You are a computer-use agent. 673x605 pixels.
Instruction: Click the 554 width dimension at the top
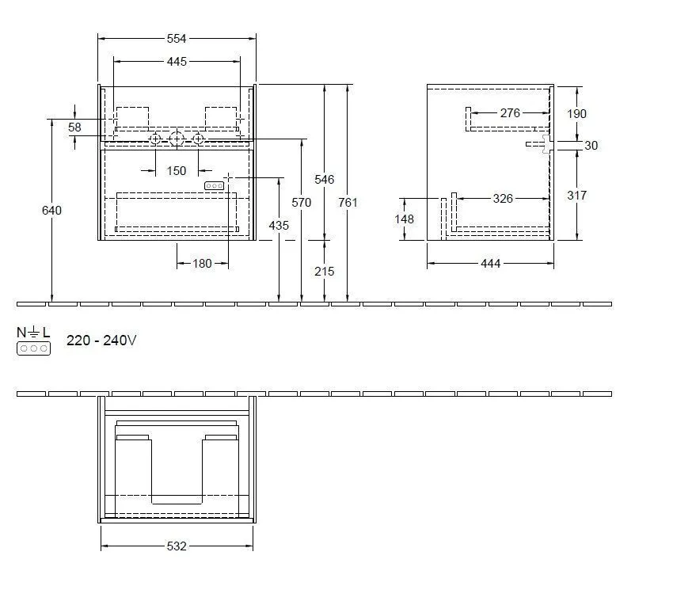pyautogui.click(x=177, y=38)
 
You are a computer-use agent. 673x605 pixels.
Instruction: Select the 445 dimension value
pyautogui.click(x=177, y=61)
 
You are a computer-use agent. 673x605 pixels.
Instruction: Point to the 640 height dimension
pyautogui.click(x=52, y=210)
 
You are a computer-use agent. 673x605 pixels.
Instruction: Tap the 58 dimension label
pyautogui.click(x=74, y=127)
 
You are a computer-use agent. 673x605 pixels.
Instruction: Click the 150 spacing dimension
pyautogui.click(x=177, y=170)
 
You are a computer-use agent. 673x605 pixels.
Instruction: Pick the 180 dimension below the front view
pyautogui.click(x=202, y=264)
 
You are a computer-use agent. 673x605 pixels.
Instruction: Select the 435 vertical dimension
pyautogui.click(x=279, y=226)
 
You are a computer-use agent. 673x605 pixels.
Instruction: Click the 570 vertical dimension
pyautogui.click(x=302, y=203)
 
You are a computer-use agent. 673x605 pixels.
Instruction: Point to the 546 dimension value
pyautogui.click(x=325, y=180)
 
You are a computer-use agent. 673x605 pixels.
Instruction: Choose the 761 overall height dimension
pyautogui.click(x=348, y=203)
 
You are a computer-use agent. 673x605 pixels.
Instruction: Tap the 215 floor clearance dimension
pyautogui.click(x=325, y=272)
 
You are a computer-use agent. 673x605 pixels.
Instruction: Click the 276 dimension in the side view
pyautogui.click(x=511, y=113)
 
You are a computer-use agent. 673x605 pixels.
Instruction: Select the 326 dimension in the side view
pyautogui.click(x=504, y=199)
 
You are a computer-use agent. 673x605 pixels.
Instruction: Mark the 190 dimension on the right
pyautogui.click(x=577, y=114)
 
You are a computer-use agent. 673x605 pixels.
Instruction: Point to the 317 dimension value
pyautogui.click(x=577, y=196)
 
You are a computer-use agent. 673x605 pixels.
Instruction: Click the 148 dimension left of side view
pyautogui.click(x=404, y=219)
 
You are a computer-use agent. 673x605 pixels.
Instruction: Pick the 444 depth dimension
pyautogui.click(x=490, y=264)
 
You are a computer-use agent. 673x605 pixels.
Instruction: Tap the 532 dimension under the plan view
pyautogui.click(x=177, y=546)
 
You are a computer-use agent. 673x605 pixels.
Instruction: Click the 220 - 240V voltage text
pyautogui.click(x=102, y=341)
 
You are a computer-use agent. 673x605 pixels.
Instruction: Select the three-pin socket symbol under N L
pyautogui.click(x=33, y=348)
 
